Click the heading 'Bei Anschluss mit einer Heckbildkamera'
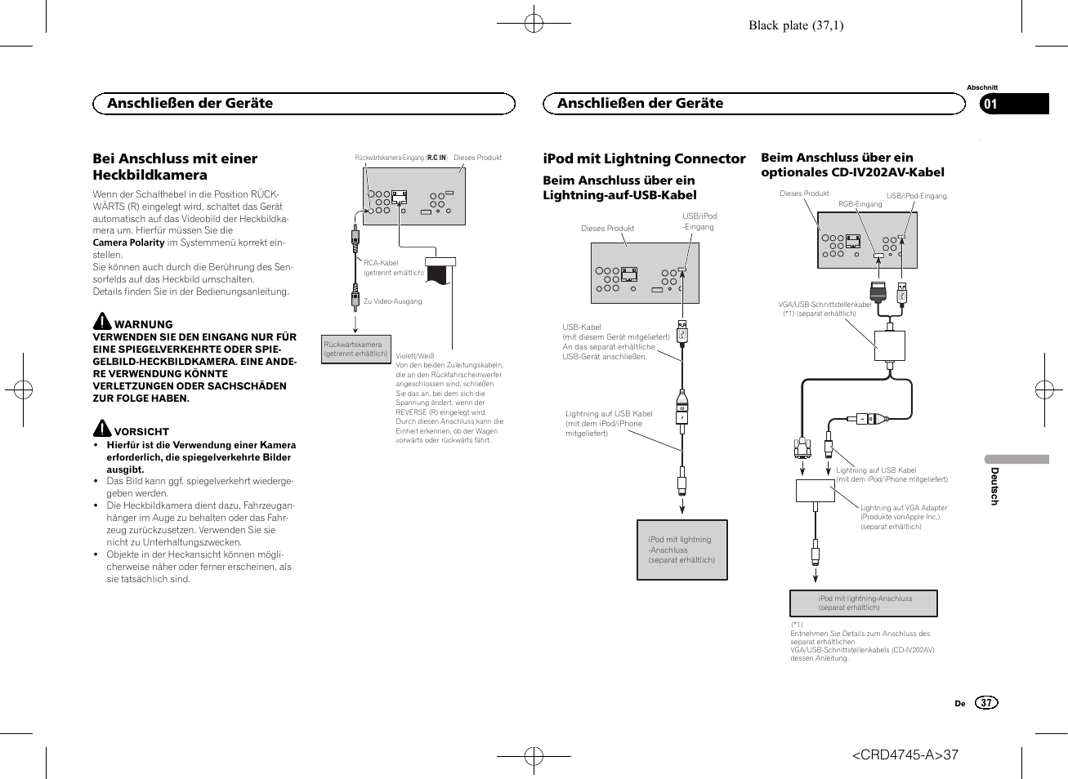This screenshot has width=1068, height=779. (175, 167)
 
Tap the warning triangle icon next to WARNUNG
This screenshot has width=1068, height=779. (102, 321)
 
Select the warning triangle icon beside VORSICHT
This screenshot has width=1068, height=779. (101, 428)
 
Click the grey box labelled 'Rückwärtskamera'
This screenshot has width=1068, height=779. (355, 349)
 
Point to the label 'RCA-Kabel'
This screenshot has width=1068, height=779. (381, 263)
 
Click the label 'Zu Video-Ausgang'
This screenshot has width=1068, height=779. (392, 301)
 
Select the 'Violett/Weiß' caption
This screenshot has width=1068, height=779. (415, 356)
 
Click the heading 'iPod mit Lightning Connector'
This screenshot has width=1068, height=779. (644, 158)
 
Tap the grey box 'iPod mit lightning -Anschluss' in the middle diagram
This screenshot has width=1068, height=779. (681, 550)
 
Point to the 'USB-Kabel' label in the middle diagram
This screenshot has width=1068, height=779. (582, 327)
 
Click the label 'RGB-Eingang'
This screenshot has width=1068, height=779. (860, 204)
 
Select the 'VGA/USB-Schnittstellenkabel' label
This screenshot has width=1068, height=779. (824, 305)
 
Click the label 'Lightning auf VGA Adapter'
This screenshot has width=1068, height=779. (903, 508)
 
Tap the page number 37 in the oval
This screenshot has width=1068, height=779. (986, 703)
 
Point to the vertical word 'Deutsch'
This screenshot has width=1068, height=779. (994, 486)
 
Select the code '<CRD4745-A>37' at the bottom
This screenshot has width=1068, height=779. (905, 755)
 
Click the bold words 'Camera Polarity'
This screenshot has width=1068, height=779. (129, 243)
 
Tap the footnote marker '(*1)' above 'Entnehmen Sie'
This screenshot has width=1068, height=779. (797, 625)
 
